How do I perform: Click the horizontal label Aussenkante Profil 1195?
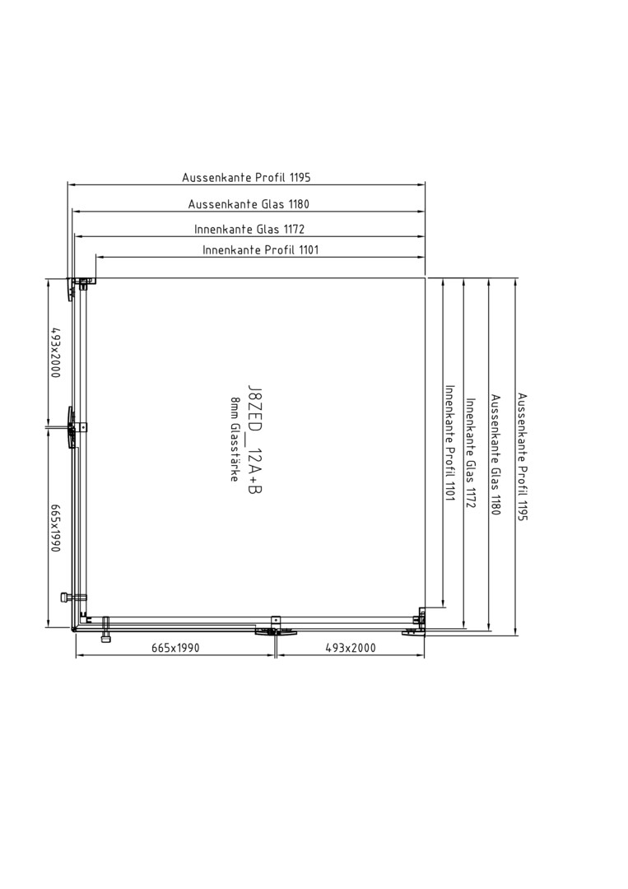coord(246,178)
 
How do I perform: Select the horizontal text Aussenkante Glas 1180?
coord(249,203)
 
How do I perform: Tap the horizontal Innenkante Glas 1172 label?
coord(249,229)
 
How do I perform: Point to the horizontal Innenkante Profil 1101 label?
coord(261,249)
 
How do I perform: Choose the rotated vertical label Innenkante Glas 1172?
coord(470,453)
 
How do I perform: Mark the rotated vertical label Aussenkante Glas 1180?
coord(495,454)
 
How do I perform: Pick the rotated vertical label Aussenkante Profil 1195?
coord(522,457)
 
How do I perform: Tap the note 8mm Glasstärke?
coord(234,440)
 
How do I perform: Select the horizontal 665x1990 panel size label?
coord(175,648)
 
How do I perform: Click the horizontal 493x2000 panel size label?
coord(351,648)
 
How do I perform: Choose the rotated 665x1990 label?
coord(55,528)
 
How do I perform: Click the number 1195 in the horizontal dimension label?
coord(300,178)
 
